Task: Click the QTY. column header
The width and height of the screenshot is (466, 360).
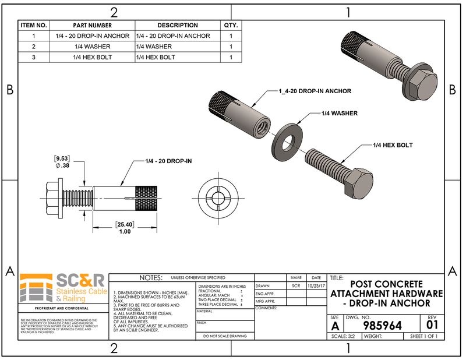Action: pos(231,26)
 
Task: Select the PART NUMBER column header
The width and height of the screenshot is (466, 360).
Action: pos(92,26)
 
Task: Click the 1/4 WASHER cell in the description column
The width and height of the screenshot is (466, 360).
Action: pos(154,47)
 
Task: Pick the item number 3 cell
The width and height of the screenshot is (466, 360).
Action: pos(34,57)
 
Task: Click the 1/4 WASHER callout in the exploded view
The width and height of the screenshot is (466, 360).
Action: pos(340,113)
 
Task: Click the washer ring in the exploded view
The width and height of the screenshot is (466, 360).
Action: pos(288,140)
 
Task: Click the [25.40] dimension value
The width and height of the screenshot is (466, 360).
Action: pos(125,224)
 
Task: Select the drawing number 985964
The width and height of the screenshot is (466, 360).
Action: pos(382,325)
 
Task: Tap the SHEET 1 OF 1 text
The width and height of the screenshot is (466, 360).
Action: pos(423,336)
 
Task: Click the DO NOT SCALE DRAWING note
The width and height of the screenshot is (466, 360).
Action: pos(224,336)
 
